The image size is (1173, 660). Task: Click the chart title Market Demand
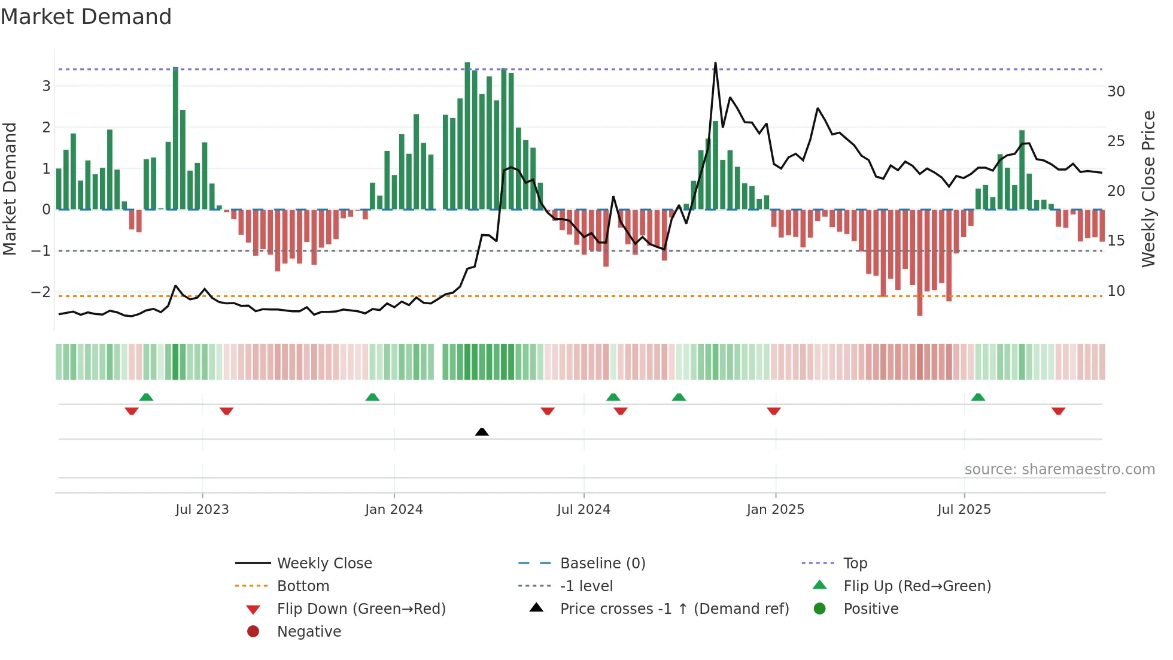86,17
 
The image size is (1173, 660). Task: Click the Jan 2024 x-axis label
394,510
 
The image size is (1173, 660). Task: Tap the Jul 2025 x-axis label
964,510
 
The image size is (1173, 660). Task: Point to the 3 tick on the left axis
46,86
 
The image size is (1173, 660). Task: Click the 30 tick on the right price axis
1116,92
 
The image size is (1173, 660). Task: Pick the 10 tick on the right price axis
1116,291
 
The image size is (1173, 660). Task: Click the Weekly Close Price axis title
1148,189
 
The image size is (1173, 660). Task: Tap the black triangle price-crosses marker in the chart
482,432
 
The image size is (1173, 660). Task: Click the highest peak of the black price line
715,63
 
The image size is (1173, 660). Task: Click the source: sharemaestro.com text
1059,470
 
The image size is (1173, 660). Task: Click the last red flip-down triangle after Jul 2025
1058,411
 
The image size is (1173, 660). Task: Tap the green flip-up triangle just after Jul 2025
978,397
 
